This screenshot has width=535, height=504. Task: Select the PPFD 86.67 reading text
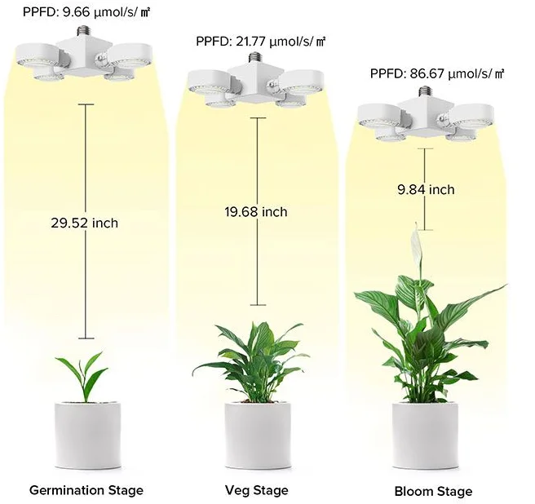click(437, 73)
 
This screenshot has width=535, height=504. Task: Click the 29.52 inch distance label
click(85, 223)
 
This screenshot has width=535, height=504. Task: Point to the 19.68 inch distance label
click(256, 212)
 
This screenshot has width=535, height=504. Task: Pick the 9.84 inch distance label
click(426, 189)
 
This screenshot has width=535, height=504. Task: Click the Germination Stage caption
click(86, 490)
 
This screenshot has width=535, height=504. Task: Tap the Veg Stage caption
click(258, 490)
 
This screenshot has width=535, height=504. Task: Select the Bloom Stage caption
click(433, 491)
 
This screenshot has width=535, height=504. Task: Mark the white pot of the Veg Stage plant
click(257, 432)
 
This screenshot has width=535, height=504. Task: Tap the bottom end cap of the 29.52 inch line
click(85, 338)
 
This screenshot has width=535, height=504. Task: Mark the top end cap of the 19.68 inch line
click(258, 119)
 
